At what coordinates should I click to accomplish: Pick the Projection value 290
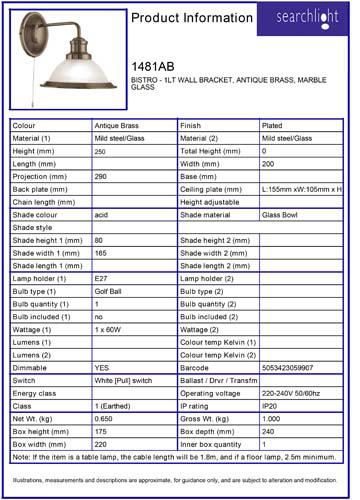101,176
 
